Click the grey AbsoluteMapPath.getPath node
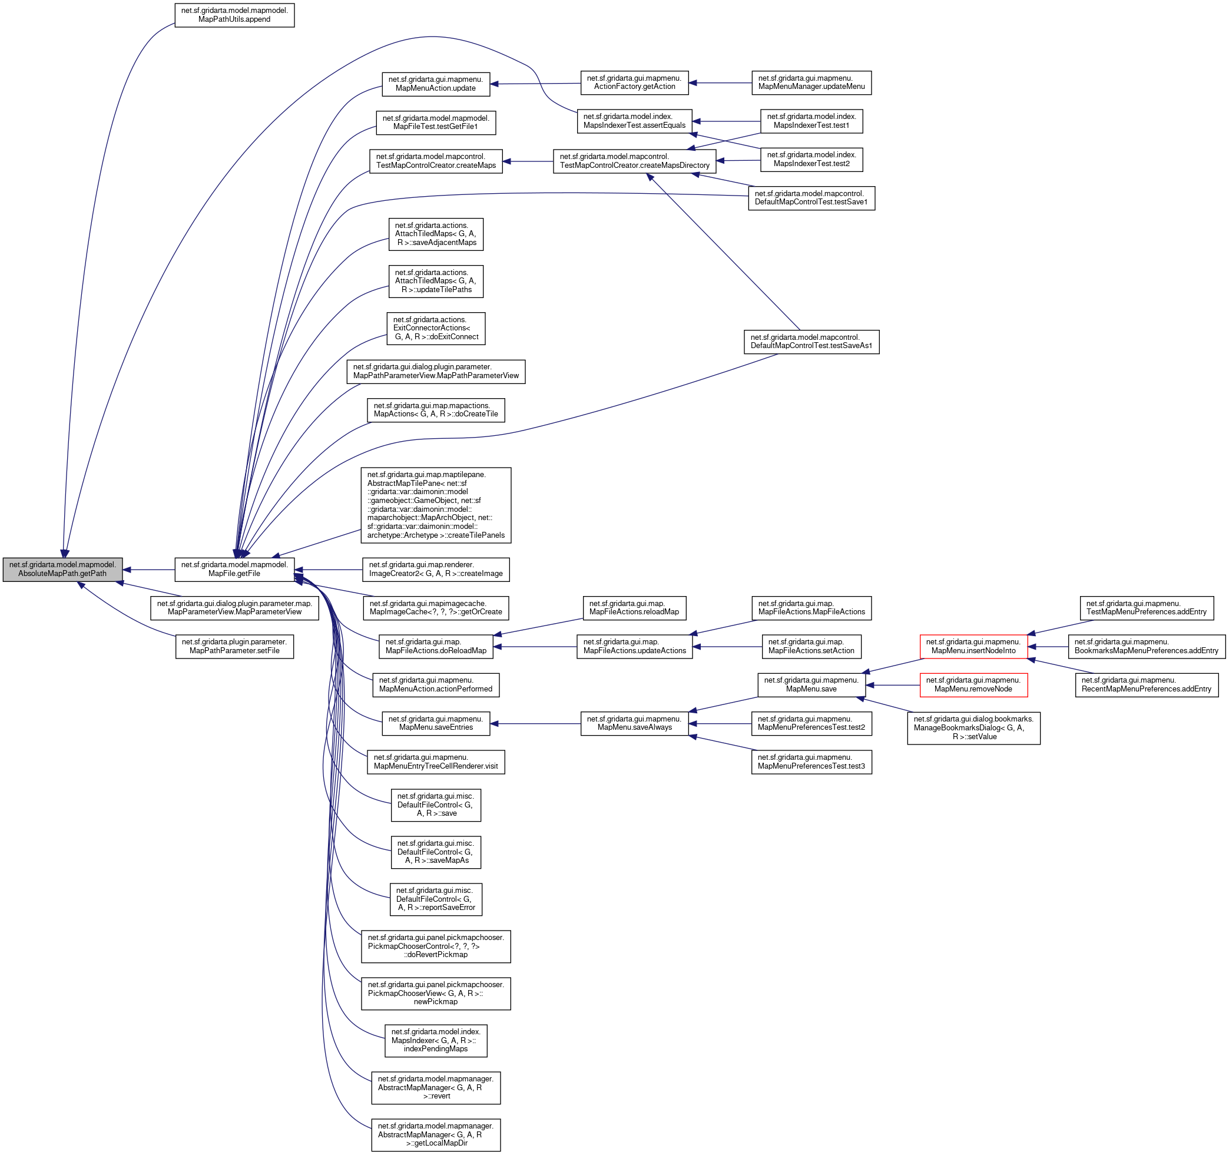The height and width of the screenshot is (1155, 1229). pos(62,570)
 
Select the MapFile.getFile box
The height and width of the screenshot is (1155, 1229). pos(234,570)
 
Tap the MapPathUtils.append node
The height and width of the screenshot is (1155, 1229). pos(234,15)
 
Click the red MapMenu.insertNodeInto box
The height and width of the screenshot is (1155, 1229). pos(973,646)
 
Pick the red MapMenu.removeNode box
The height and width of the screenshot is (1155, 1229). pos(973,685)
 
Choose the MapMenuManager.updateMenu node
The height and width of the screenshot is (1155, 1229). pos(811,83)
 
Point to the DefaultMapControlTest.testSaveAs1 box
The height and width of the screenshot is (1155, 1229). pos(811,342)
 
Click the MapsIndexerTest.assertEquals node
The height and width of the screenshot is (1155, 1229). pos(634,121)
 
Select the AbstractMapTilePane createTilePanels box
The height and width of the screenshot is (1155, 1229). pos(436,505)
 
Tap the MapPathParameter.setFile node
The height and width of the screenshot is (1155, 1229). pos(234,646)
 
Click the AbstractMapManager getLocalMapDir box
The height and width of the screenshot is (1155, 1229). pos(436,1134)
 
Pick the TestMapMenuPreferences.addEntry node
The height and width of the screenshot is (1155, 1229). pos(1146,608)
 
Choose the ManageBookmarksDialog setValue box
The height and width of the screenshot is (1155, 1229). pos(973,728)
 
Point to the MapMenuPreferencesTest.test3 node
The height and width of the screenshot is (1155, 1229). pos(811,762)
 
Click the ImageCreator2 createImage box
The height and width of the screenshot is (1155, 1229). pos(436,570)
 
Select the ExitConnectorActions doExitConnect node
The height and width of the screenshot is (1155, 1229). pos(436,328)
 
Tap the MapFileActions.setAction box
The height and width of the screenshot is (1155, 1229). pos(811,646)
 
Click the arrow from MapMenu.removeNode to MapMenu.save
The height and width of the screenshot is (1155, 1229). pos(893,685)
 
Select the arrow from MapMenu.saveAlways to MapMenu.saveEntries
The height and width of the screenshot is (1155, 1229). pos(535,723)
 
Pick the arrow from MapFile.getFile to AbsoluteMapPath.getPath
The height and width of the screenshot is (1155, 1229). pos(148,570)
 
